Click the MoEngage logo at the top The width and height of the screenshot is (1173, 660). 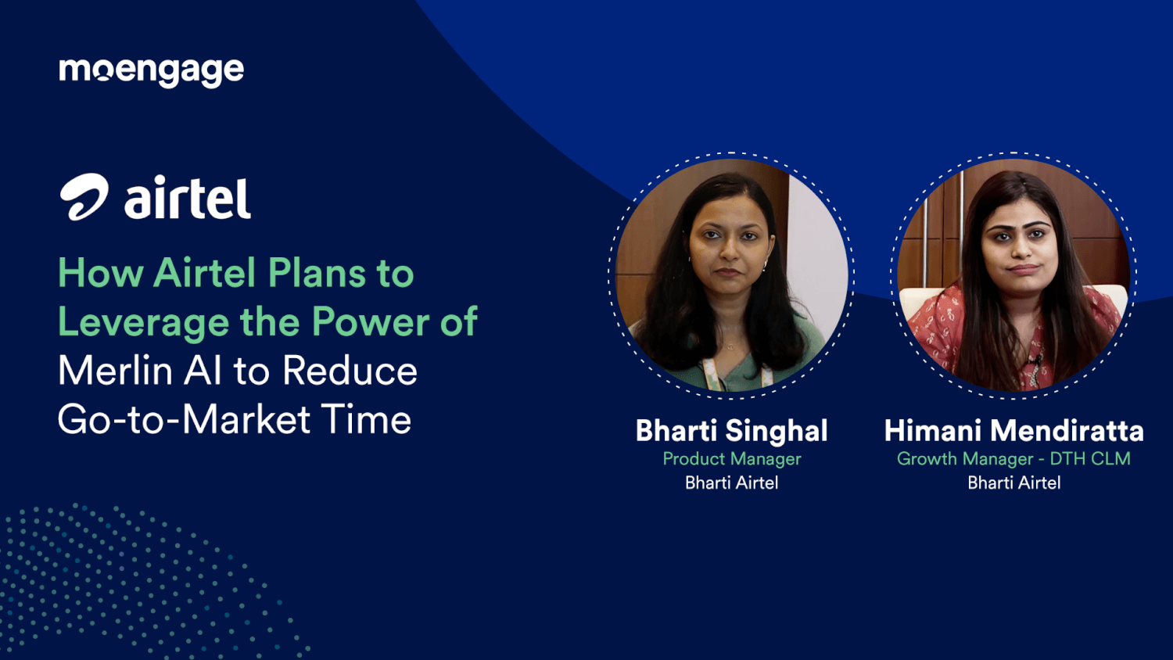coord(151,71)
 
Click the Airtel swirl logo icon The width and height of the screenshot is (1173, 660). coord(84,197)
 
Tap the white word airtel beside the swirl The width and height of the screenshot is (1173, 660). coord(188,199)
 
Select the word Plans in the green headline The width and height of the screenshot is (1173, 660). coord(317,274)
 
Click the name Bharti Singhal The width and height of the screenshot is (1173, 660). coord(731,431)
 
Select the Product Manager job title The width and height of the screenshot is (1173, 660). coord(731,459)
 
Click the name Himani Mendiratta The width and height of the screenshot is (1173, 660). coord(1013,431)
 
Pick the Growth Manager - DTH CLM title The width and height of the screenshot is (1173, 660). coord(1013,459)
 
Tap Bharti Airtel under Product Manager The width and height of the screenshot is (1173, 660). coord(731,483)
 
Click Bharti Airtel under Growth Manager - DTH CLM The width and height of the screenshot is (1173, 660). coord(1013,483)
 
